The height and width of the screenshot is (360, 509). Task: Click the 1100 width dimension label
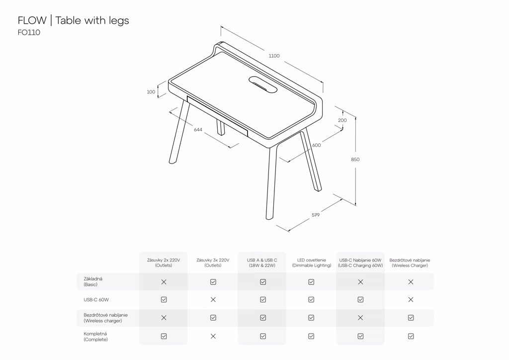(x=274, y=56)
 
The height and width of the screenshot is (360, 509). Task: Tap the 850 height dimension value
(x=355, y=160)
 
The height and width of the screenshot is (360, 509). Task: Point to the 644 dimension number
(x=198, y=129)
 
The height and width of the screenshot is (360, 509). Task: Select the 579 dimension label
(x=316, y=215)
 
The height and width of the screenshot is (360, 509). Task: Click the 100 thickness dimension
(x=151, y=92)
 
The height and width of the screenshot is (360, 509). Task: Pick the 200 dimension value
(x=342, y=120)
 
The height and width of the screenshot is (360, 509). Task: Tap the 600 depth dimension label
(x=317, y=145)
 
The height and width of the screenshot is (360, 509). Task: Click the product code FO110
(x=29, y=32)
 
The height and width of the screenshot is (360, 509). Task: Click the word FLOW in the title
(x=32, y=20)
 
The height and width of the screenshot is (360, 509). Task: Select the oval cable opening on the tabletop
(x=263, y=84)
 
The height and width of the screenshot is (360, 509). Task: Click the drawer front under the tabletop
(x=217, y=116)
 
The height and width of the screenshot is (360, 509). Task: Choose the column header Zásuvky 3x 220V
(x=213, y=263)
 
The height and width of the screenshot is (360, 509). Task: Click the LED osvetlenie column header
(x=312, y=263)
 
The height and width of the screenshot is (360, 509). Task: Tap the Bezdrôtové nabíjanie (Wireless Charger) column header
(x=410, y=263)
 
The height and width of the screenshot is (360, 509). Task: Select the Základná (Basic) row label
(x=93, y=281)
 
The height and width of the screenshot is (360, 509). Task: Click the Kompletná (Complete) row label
(x=95, y=337)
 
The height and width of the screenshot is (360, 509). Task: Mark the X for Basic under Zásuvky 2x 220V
(x=164, y=282)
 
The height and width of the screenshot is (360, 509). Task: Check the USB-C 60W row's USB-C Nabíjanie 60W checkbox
(x=360, y=300)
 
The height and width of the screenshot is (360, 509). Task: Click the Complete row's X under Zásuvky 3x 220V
(x=213, y=336)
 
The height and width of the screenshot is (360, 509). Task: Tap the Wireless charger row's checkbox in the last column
(x=411, y=318)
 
